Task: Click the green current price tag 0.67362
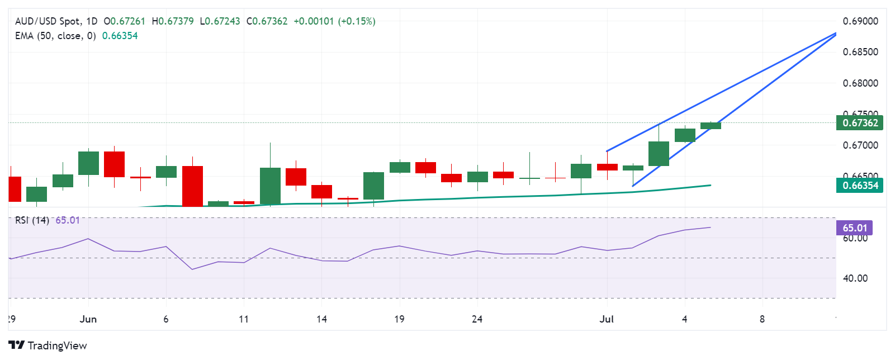859,123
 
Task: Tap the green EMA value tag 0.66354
859,186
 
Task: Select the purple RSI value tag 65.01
854,228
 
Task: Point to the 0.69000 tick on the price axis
860,21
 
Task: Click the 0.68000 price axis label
860,83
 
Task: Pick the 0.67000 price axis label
860,145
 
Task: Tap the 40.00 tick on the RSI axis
855,278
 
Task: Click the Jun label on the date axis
88,319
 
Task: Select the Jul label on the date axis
607,319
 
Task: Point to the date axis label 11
244,319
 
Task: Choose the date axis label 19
399,319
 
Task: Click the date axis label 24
477,319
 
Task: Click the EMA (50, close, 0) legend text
55,36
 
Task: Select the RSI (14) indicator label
32,220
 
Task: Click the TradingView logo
48,345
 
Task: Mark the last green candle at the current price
711,126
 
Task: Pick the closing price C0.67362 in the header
267,21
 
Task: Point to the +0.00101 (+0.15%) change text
334,21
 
